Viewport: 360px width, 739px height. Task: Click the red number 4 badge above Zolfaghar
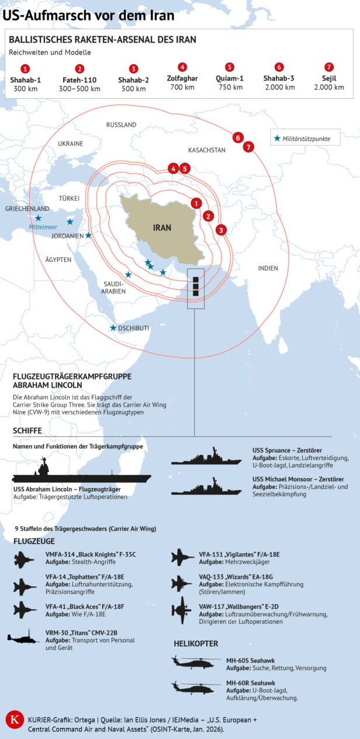[183, 67]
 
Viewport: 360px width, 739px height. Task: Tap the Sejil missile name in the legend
[329, 78]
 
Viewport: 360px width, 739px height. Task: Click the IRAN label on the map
[162, 227]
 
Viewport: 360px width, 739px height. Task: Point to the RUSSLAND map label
[121, 125]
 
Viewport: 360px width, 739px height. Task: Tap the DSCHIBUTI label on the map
[133, 328]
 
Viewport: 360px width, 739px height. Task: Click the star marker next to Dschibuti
[113, 328]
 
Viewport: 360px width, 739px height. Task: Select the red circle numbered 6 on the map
[237, 138]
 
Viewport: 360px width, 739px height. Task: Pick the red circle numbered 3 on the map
[221, 230]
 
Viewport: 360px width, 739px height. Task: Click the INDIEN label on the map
[268, 268]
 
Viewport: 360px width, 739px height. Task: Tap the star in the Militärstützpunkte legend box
[277, 139]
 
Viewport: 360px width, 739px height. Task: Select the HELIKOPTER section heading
[196, 644]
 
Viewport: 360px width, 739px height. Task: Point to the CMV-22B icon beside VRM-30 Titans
[24, 638]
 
